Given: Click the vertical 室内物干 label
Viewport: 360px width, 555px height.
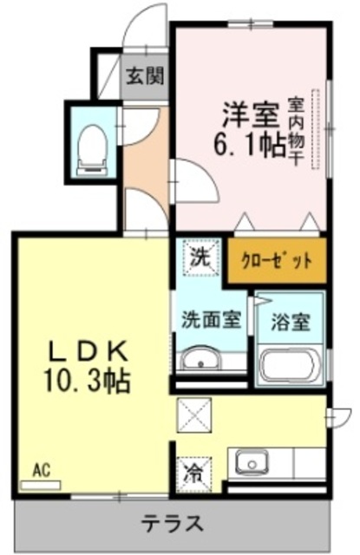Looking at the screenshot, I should (296, 130).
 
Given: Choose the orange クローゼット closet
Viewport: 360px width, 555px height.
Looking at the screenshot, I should (278, 260).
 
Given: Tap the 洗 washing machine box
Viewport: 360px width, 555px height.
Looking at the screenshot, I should (200, 258).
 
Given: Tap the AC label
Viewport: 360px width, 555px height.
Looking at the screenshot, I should (42, 471).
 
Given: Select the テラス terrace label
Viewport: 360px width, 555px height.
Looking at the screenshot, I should (174, 525).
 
